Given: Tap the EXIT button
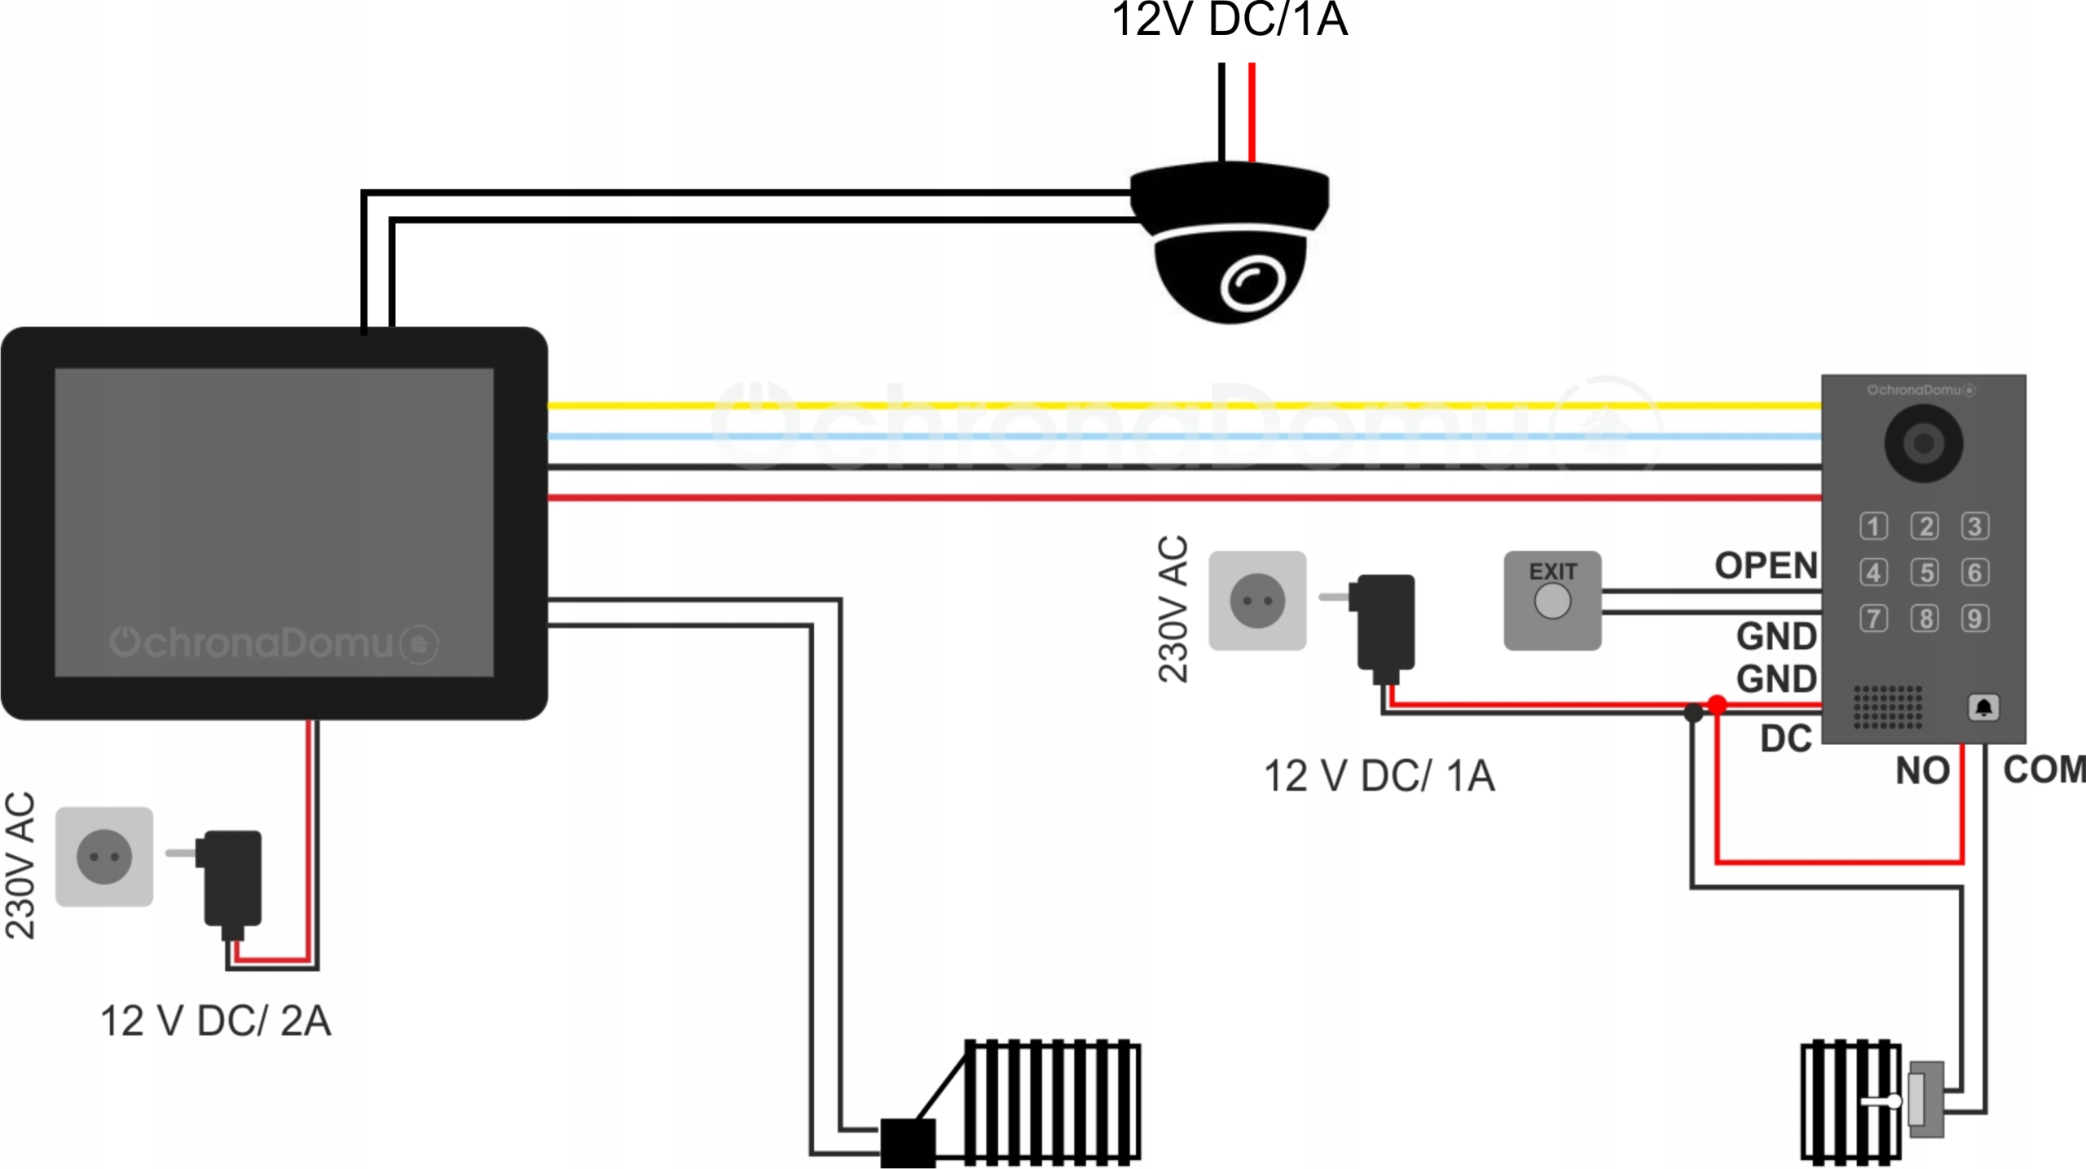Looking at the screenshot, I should click(1552, 602).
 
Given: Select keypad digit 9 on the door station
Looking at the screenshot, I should click(1974, 618).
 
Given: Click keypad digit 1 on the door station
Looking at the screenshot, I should click(1873, 526).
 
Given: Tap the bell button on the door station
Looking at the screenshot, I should click(1983, 707).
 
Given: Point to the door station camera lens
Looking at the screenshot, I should click(1924, 443).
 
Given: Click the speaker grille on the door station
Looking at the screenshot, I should click(1887, 707).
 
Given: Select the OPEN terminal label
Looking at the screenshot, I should click(1766, 565).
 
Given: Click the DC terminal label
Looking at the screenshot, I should click(1785, 739).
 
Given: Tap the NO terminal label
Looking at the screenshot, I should click(1922, 770).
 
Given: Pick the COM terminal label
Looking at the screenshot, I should click(2044, 770).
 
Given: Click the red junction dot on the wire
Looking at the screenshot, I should click(1717, 704).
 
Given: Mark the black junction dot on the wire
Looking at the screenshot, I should click(1693, 713).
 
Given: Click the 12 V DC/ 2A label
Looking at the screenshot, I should click(215, 1021).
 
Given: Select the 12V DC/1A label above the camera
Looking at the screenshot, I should click(1230, 20).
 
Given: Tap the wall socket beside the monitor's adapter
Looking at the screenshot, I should click(104, 857).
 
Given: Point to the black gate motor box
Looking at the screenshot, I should click(908, 1143).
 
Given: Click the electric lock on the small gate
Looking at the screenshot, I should click(1926, 1101).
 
